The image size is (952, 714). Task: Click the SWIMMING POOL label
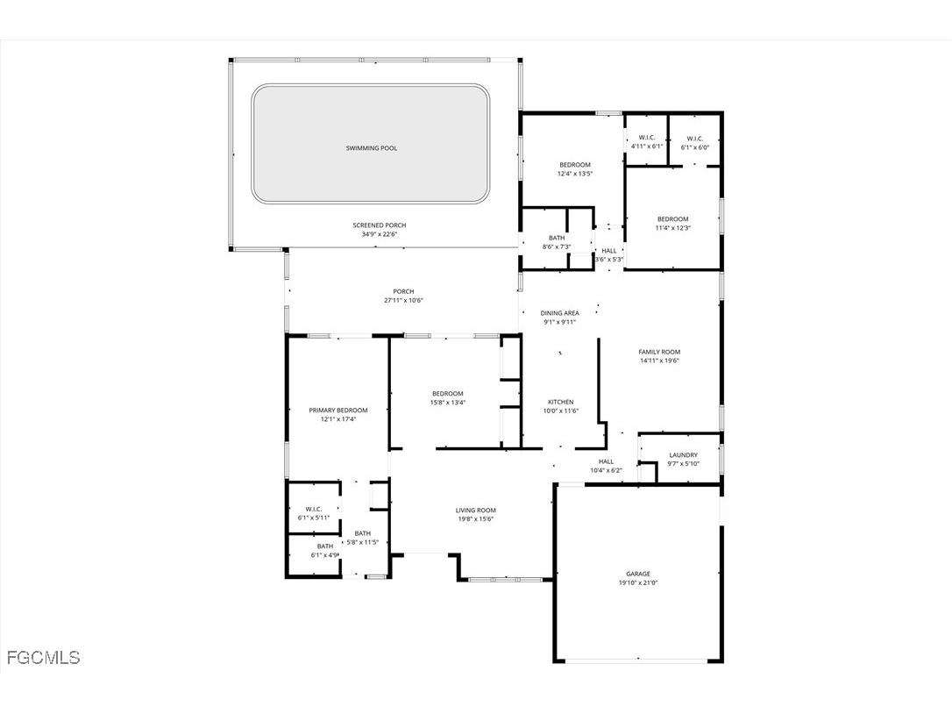click(x=371, y=148)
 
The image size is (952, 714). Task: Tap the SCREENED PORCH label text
click(x=379, y=225)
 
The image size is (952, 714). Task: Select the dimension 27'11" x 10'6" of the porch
click(x=403, y=301)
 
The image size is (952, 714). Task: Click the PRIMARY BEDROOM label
click(x=337, y=410)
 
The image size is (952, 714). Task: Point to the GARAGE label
click(x=637, y=574)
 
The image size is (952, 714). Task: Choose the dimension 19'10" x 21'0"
click(x=637, y=582)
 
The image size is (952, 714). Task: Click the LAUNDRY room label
click(x=683, y=454)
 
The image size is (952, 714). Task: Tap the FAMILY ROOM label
click(x=659, y=352)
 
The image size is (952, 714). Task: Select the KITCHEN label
click(x=560, y=402)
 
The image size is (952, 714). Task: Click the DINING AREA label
click(x=559, y=313)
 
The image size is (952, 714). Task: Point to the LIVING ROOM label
click(x=475, y=510)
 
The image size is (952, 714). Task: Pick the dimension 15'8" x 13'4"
click(x=447, y=403)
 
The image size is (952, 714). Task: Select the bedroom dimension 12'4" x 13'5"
click(x=575, y=174)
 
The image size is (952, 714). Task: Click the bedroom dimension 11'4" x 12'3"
click(x=672, y=228)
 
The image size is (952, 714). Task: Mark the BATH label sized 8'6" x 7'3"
click(x=557, y=238)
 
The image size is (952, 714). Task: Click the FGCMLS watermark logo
click(x=43, y=657)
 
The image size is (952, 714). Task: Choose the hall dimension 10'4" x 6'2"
click(x=606, y=470)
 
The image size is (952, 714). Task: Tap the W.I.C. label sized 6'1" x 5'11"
click(x=314, y=509)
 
